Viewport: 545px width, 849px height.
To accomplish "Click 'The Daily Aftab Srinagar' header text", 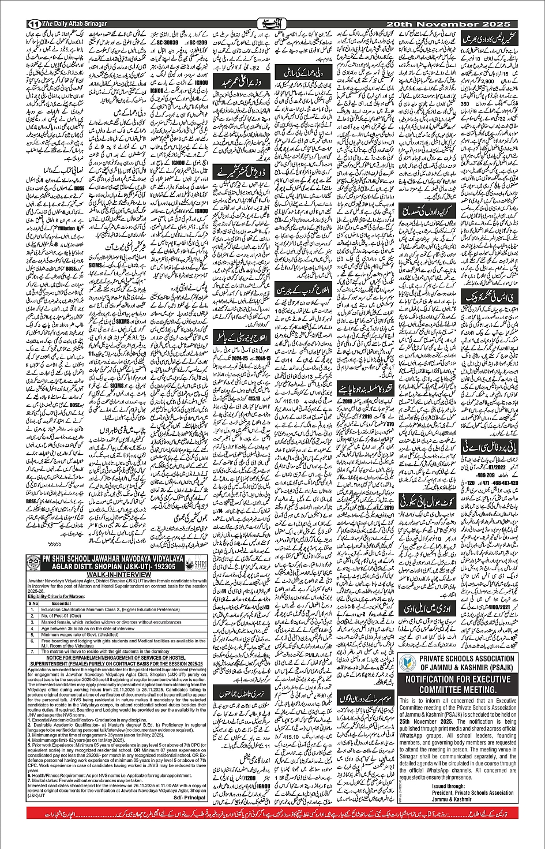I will tap(73, 24).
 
